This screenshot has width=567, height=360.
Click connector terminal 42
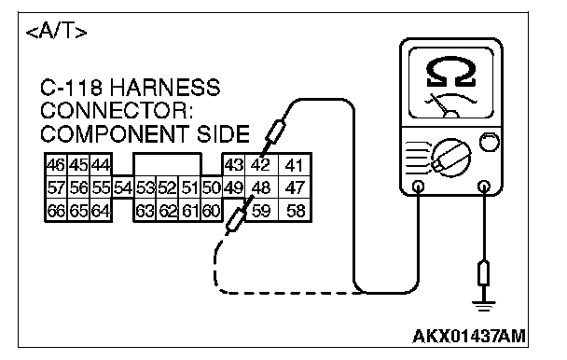tap(262, 165)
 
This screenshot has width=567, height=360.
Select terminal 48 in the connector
tap(262, 187)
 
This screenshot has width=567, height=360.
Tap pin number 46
tap(56, 165)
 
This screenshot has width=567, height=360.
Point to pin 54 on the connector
tap(123, 187)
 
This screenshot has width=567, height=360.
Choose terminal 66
tap(56, 210)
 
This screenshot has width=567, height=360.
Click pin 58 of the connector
tap(295, 210)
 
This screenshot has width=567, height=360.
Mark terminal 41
tap(295, 165)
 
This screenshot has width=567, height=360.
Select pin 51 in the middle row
tap(190, 187)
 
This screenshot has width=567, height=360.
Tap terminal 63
tap(145, 210)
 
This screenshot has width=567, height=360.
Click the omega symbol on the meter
tap(450, 72)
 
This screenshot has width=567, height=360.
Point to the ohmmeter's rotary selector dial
tap(451, 158)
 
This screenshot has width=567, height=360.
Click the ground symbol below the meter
tap(483, 306)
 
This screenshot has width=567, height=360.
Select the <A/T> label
tap(57, 33)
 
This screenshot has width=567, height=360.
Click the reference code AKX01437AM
tap(469, 336)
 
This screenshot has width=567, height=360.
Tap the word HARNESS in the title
tap(165, 88)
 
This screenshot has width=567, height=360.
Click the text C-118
tap(71, 88)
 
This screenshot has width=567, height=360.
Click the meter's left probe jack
tap(419, 187)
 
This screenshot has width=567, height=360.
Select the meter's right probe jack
tap(484, 187)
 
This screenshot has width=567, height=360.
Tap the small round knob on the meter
tap(489, 142)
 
